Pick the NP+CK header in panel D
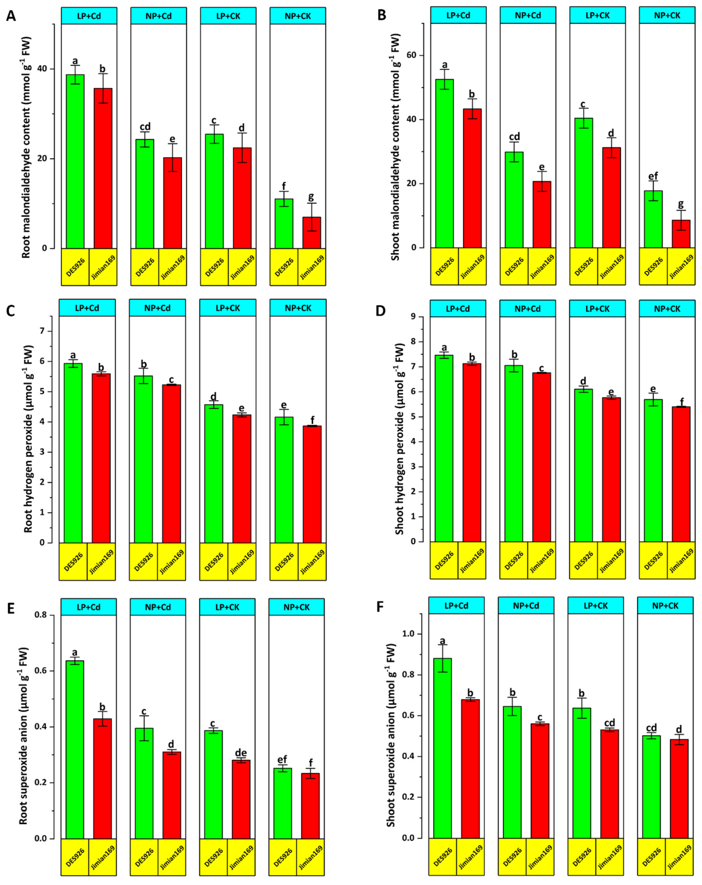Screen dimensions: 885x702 tap(667, 309)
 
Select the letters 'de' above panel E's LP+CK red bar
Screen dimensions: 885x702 tap(241, 752)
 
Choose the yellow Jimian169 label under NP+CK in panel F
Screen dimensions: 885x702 tap(679, 856)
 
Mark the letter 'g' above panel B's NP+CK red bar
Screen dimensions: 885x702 tap(681, 204)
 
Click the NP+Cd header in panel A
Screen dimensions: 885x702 tap(158, 16)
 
